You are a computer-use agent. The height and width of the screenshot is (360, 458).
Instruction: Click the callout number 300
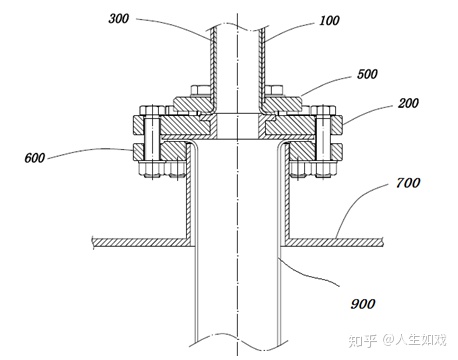[118, 18]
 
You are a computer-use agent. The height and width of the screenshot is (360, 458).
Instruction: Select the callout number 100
[329, 21]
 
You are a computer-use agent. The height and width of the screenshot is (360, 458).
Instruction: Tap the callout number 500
[367, 74]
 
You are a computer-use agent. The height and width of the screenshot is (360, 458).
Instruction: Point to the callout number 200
[408, 103]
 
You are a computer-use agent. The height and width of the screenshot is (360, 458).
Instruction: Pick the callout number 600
[35, 158]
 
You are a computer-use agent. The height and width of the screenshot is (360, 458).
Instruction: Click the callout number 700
[408, 183]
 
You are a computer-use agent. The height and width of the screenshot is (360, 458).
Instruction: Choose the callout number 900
[363, 304]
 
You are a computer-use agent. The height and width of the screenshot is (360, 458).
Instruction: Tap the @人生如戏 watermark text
[414, 340]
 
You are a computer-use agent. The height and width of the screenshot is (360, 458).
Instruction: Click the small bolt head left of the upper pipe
[200, 90]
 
